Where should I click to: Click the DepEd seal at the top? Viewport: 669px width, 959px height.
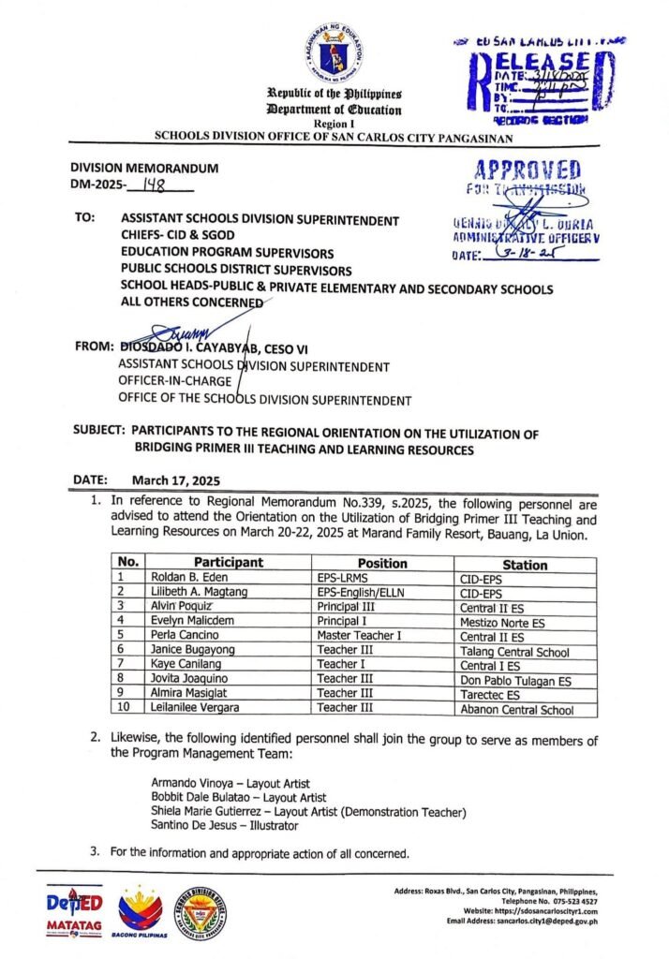point(334,52)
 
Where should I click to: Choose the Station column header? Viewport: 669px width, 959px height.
point(525,565)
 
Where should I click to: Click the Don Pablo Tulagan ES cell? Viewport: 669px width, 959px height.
point(515,681)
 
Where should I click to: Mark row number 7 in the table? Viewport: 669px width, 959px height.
point(122,665)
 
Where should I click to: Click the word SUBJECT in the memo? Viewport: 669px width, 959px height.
point(97,433)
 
